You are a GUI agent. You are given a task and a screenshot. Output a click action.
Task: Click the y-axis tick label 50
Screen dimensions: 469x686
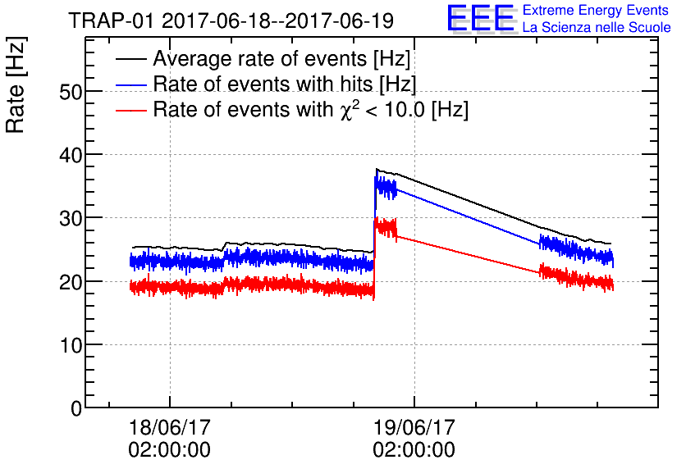72,91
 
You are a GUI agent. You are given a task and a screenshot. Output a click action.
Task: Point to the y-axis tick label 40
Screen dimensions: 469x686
72,155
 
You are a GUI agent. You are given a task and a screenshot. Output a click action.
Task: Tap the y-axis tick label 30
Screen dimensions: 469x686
72,218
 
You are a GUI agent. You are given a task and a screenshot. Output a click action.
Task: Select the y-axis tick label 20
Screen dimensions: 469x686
72,281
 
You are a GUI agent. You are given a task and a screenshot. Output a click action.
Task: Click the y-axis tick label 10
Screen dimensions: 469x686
72,344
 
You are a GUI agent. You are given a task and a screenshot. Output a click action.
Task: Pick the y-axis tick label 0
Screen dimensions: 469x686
77,408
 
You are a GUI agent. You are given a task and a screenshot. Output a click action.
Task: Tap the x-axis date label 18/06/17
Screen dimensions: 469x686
169,428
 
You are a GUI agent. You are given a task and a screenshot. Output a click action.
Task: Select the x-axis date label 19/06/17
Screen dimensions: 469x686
414,428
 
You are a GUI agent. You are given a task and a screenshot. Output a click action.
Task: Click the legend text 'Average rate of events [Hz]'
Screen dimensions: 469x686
281,60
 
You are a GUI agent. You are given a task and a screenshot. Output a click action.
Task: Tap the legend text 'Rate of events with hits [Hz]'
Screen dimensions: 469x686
284,85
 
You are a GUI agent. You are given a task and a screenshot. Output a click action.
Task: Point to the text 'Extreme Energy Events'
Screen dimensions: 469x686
595,11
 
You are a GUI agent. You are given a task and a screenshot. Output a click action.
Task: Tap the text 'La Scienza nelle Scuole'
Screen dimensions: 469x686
597,28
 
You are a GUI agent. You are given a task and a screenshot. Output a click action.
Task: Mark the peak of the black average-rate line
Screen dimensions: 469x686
377,169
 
